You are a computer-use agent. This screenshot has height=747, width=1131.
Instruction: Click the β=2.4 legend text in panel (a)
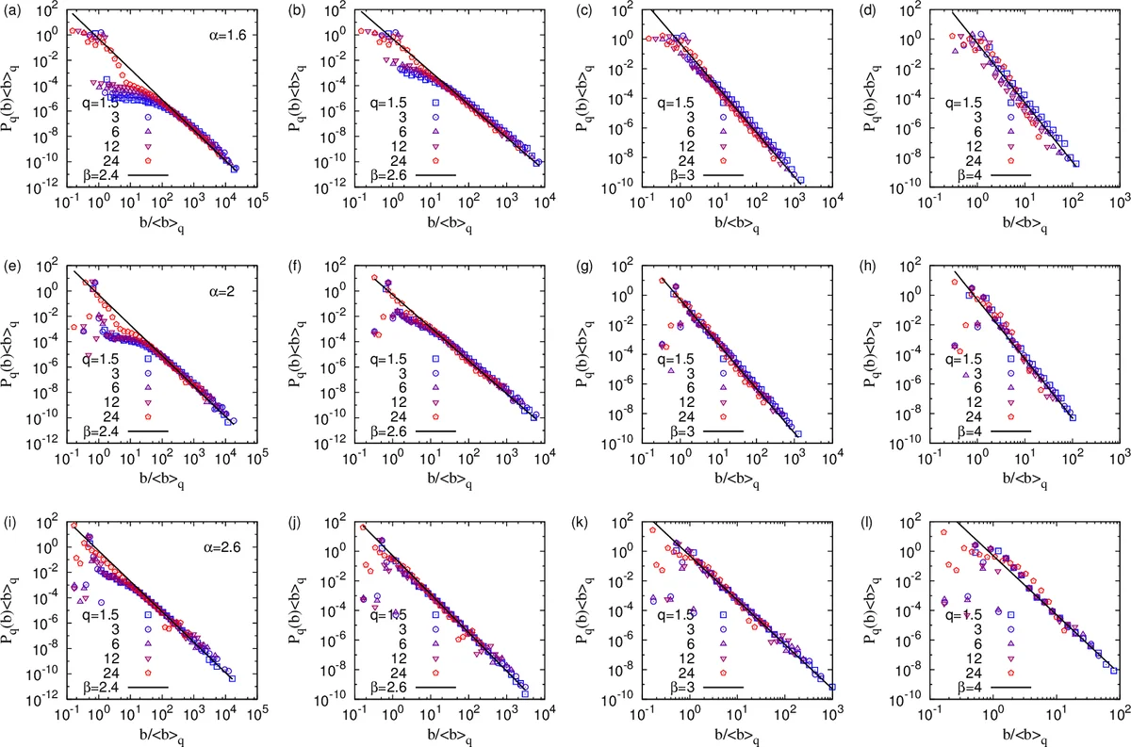pos(102,174)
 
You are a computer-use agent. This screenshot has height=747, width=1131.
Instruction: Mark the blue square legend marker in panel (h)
pos(1009,359)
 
